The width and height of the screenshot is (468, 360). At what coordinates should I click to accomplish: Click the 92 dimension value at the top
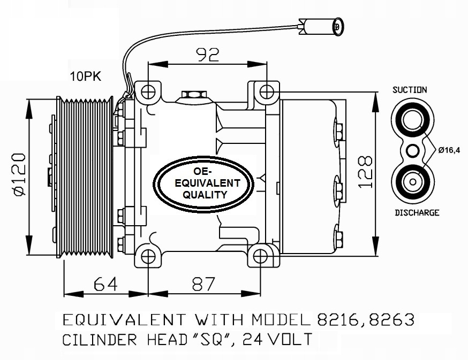click(x=208, y=55)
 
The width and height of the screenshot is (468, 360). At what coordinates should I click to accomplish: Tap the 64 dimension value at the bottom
click(x=106, y=284)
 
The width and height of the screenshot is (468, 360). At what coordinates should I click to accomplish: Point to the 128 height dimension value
click(x=365, y=171)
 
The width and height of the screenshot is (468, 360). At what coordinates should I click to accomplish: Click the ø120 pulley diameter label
click(x=17, y=174)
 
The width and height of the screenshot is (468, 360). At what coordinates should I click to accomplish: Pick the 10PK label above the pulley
click(x=85, y=76)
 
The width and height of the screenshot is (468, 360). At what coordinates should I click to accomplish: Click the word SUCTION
click(x=410, y=90)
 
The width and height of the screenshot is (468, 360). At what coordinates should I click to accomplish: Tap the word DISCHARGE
click(x=417, y=212)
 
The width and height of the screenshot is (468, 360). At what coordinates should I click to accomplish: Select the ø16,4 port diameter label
click(x=449, y=150)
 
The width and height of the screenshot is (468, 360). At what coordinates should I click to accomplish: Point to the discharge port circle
click(x=411, y=182)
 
